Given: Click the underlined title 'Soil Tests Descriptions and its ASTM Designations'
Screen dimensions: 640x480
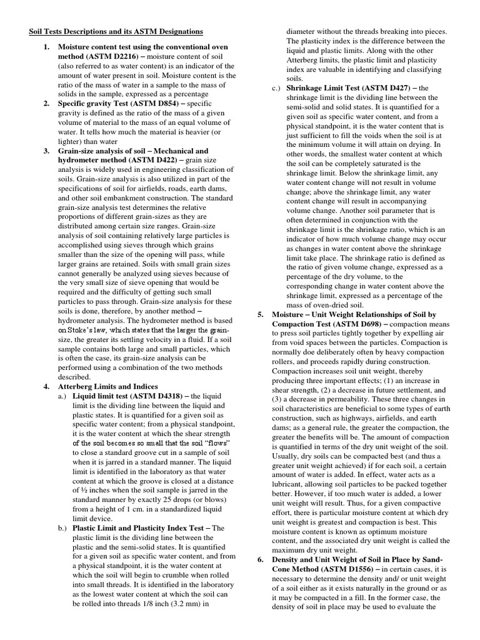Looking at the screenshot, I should pos(116,31).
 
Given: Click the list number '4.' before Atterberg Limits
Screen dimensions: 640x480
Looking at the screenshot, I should pos(47,386).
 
